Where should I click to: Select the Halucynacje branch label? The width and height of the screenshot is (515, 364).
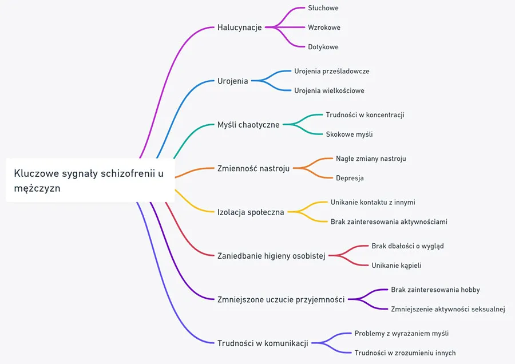click(x=239, y=27)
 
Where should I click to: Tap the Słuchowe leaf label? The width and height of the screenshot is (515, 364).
click(x=323, y=8)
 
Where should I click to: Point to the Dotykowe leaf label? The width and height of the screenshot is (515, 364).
click(x=323, y=47)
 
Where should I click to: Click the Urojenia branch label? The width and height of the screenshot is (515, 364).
click(x=233, y=81)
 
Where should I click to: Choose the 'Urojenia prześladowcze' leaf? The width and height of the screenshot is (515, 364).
click(x=332, y=72)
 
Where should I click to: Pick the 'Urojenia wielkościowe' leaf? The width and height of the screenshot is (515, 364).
click(x=329, y=90)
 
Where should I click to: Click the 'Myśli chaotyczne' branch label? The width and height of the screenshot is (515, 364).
click(x=248, y=125)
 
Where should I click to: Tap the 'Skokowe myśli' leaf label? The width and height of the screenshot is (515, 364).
click(x=349, y=134)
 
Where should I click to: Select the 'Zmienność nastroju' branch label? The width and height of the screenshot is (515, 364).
click(x=253, y=168)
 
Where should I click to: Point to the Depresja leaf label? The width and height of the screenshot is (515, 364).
click(x=350, y=178)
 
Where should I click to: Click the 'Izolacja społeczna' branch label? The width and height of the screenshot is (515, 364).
click(x=251, y=212)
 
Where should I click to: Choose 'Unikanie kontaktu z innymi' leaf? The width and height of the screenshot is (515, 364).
click(x=373, y=203)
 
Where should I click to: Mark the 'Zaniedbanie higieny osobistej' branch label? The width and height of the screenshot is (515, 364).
click(x=271, y=256)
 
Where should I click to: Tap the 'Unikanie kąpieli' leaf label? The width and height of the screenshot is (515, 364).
click(x=397, y=266)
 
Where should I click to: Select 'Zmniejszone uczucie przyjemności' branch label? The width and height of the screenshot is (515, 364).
click(x=281, y=299)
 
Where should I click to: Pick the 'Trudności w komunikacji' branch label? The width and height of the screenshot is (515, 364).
click(x=263, y=343)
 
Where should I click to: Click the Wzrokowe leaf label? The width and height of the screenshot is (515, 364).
click(x=324, y=27)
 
